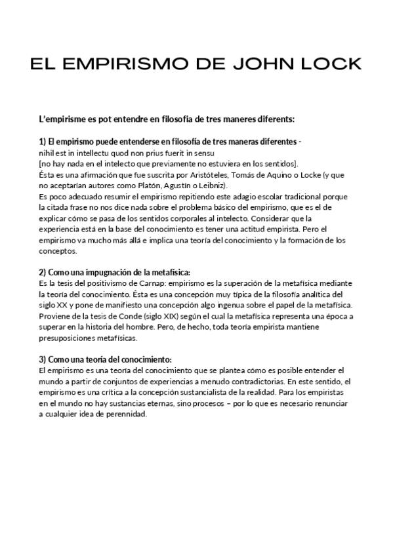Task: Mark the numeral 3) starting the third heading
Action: tap(43, 359)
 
